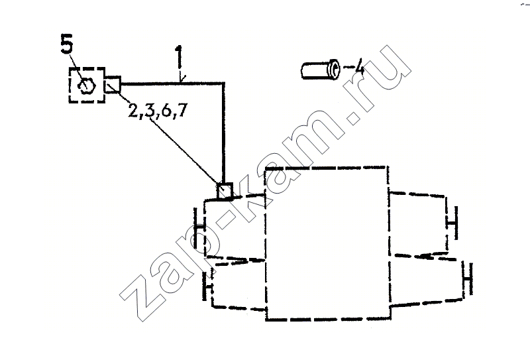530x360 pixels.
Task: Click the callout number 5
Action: (67, 43)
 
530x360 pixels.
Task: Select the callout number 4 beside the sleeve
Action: (359, 67)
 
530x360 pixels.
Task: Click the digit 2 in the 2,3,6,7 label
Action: (134, 111)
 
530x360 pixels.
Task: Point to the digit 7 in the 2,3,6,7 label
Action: (182, 109)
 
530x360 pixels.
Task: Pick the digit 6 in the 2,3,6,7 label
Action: (166, 110)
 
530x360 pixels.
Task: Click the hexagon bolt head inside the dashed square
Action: (87, 86)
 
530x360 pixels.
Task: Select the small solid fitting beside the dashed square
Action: (112, 84)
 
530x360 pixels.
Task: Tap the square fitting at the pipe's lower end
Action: (225, 191)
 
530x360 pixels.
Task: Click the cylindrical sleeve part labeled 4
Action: (320, 70)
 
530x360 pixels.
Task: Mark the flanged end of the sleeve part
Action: (333, 70)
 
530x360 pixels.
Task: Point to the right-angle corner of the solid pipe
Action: (223, 84)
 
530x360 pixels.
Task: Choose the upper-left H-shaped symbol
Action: (199, 228)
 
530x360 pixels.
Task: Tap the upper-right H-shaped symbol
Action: (452, 223)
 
